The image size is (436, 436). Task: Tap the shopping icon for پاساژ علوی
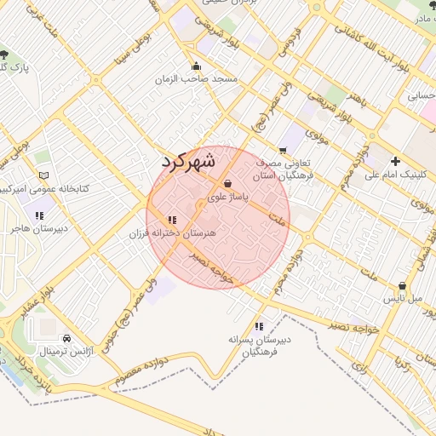tap(227, 183)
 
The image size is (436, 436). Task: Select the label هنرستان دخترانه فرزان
tap(176, 232)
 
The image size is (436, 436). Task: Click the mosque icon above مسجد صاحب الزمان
tap(197, 66)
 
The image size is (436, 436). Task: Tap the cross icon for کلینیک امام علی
tap(395, 161)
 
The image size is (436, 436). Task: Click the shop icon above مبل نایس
tap(402, 286)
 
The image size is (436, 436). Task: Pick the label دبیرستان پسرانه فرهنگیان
tap(259, 346)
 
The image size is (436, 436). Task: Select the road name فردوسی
tap(284, 43)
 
